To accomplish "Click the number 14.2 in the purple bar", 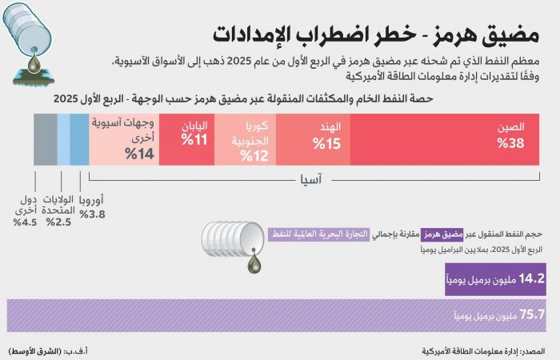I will coord(531,280).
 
